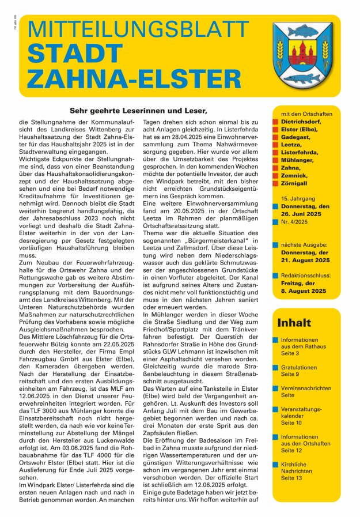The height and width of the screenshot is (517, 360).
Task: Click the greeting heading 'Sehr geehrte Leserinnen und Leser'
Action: (x=130, y=110)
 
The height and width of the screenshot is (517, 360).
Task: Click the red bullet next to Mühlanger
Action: (x=276, y=160)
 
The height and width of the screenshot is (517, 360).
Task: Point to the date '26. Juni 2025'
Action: (x=305, y=214)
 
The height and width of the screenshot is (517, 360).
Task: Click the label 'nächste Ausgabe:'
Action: (x=305, y=244)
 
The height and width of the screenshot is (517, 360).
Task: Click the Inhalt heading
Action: (x=294, y=323)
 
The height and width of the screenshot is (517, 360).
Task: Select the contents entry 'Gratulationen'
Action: (x=299, y=367)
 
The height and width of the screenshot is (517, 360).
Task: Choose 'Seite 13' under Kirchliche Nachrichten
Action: (x=291, y=478)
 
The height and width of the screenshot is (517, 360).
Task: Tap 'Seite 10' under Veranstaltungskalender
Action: (x=291, y=423)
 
